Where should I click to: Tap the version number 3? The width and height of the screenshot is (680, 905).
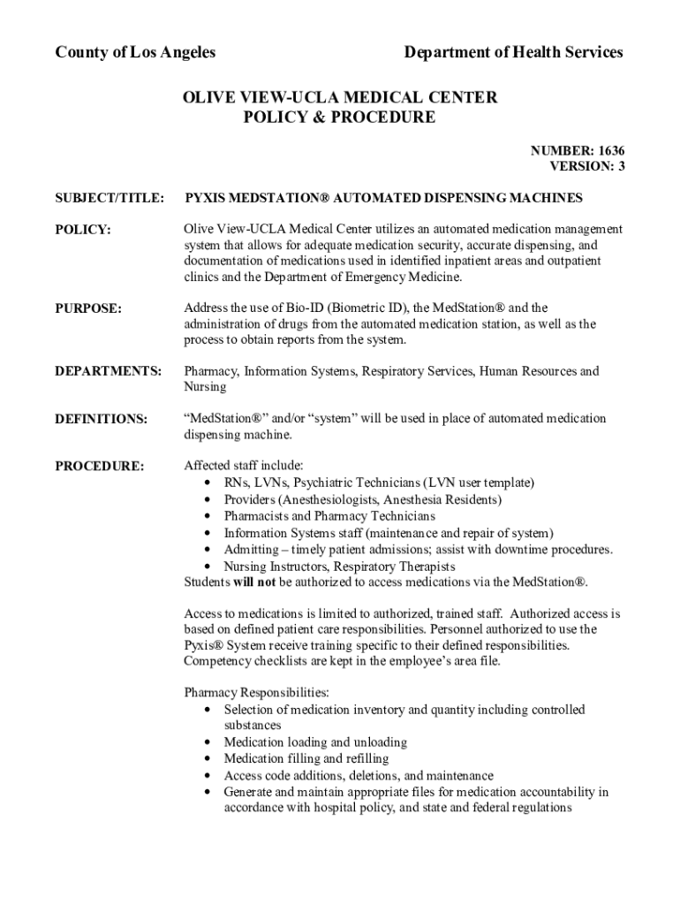[x=621, y=166]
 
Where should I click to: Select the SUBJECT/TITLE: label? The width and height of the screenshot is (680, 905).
[x=110, y=199]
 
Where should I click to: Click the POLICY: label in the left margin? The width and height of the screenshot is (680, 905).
[x=83, y=230]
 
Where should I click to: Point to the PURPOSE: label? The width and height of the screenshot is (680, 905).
[x=88, y=308]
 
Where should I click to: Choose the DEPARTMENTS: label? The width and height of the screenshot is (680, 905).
[x=109, y=372]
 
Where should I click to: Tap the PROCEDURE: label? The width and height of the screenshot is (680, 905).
[x=100, y=466]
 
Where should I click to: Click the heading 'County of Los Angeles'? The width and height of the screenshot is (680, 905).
[x=135, y=52]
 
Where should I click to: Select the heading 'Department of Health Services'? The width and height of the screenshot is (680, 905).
[x=513, y=52]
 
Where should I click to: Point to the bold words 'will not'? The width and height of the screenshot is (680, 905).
[x=254, y=582]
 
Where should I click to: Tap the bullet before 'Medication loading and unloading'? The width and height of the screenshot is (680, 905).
[x=207, y=743]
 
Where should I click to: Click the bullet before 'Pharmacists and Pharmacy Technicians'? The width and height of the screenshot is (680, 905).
[x=207, y=517]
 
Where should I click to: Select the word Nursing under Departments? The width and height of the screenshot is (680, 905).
[x=205, y=387]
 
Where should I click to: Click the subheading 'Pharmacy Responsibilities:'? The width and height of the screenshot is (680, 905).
[x=256, y=693]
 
